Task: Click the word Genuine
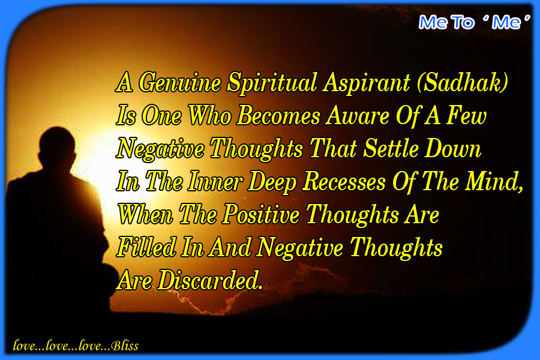(x=180, y=83)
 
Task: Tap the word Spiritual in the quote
(x=272, y=83)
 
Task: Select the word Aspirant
(x=367, y=83)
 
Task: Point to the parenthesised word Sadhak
(x=463, y=83)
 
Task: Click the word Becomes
(x=279, y=115)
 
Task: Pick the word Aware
(x=358, y=116)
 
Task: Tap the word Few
(x=467, y=115)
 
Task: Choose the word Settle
(x=391, y=148)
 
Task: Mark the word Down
(x=452, y=148)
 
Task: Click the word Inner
(x=215, y=181)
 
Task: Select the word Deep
(x=272, y=182)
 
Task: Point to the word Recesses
(x=344, y=181)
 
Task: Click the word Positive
(x=261, y=214)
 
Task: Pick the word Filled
(x=146, y=247)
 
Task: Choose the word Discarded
(x=210, y=280)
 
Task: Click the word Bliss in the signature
(x=125, y=346)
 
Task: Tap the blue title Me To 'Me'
(x=474, y=22)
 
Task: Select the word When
(x=145, y=214)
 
